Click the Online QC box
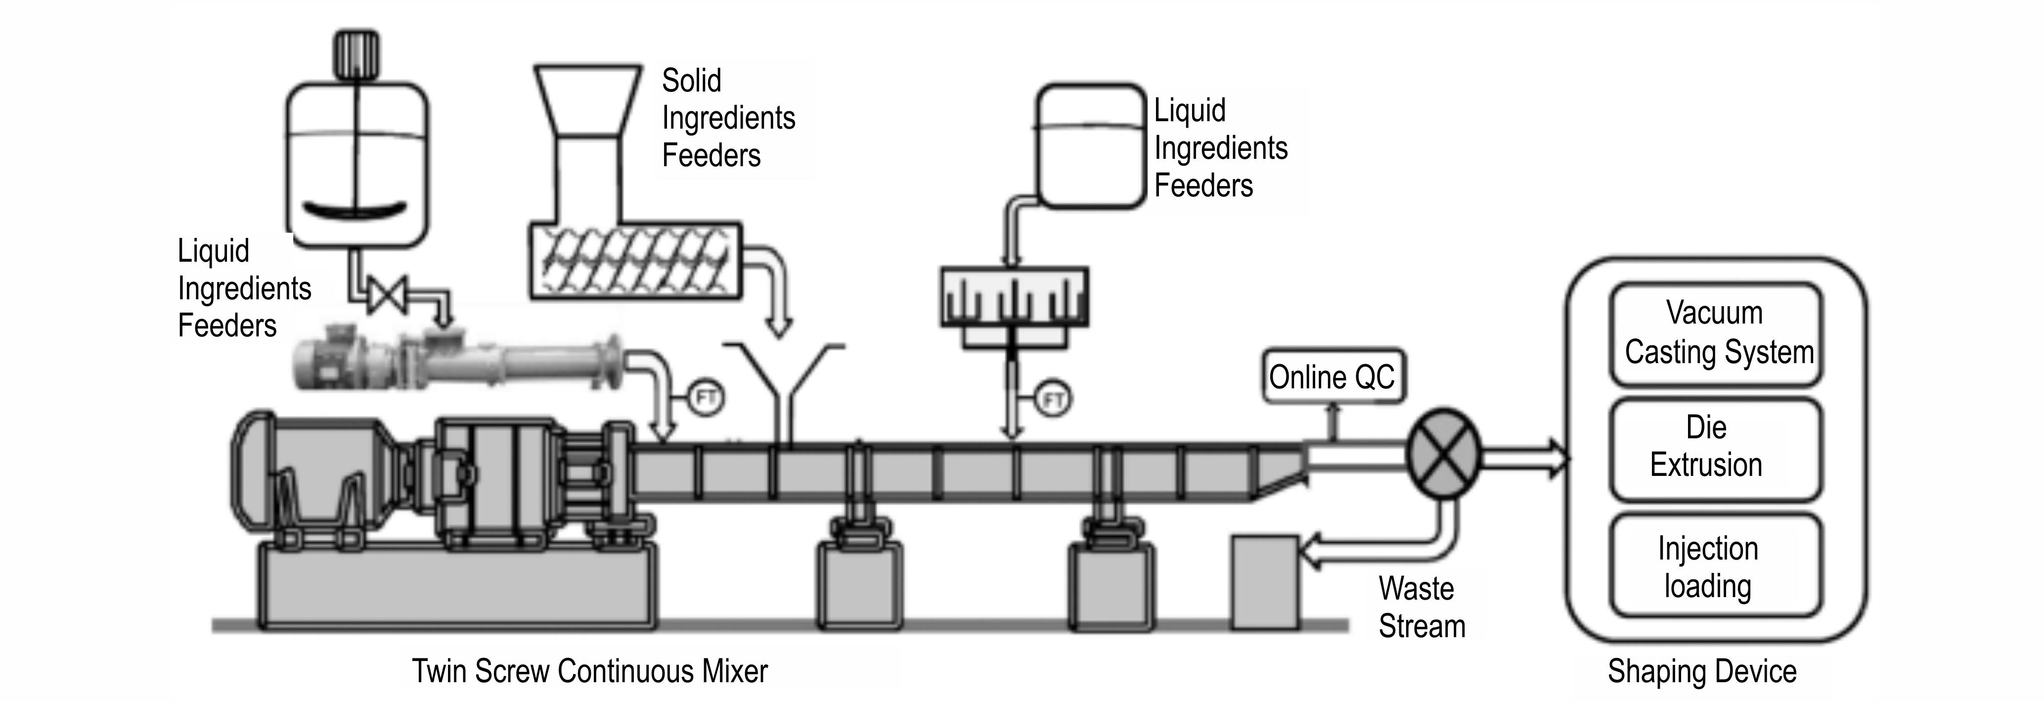coord(1332,377)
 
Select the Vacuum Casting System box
coord(1716,333)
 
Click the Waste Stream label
coord(1421,608)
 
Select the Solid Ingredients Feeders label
coord(728,118)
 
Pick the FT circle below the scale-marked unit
coord(1053,399)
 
